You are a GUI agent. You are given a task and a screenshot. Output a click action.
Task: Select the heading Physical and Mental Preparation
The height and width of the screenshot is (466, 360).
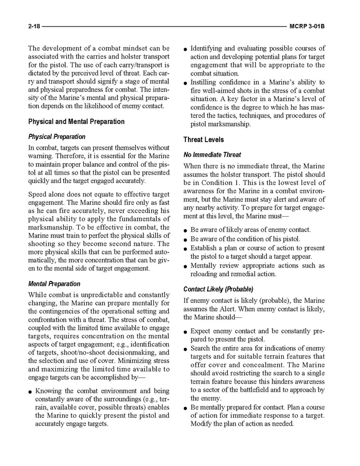pos(76,122)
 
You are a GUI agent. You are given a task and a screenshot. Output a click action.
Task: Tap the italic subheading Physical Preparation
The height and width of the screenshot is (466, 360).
pos(57,137)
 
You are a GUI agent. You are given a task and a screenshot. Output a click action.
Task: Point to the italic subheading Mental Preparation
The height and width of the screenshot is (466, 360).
pos(54,284)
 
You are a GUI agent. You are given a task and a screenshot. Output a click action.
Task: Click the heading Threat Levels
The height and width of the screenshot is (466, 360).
pos(204,140)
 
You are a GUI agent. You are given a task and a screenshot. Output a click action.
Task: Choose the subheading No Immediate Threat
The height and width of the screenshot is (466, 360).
pos(212,154)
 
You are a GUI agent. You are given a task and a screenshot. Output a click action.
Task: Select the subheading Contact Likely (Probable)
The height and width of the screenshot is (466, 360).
pos(218,289)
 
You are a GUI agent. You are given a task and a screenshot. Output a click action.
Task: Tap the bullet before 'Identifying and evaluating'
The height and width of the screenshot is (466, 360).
pos(186,49)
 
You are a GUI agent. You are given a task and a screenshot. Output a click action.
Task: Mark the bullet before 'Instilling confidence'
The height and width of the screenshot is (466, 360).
pos(186,82)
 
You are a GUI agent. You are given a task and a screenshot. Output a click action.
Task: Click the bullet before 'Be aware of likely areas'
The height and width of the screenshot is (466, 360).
pos(186,230)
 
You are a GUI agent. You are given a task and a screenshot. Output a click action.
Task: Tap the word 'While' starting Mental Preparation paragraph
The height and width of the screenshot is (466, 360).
pos(38,294)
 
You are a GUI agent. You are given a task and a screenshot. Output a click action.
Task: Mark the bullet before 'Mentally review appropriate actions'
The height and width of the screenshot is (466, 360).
pos(186,266)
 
